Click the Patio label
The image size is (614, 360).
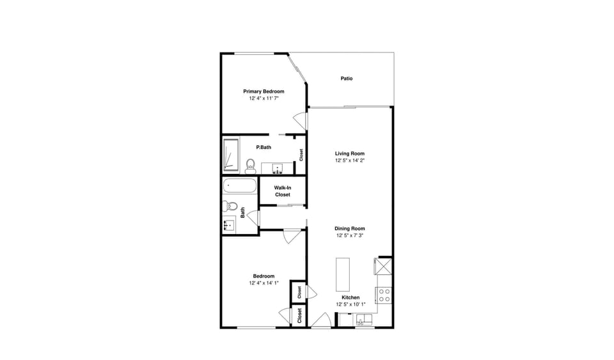tap(346, 79)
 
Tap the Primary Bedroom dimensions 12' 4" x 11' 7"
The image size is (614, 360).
tap(264, 99)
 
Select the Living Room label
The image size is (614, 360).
tap(349, 153)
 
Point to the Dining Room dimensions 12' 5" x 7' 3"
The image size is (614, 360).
tap(350, 236)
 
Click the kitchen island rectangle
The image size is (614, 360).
tap(343, 274)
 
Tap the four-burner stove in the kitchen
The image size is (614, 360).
tap(384, 295)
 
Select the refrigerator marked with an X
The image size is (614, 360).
tap(384, 267)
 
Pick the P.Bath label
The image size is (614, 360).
tap(264, 148)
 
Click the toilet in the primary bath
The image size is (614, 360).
tap(250, 165)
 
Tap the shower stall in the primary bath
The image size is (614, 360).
tap(230, 155)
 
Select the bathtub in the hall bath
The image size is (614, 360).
tap(240, 187)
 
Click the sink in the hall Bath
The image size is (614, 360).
tap(228, 226)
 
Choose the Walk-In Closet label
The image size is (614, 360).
tap(283, 191)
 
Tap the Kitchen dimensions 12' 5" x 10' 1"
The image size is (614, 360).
tap(350, 305)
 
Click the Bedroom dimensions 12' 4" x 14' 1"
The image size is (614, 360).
tap(264, 283)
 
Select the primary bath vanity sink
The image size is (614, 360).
tap(278, 169)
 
